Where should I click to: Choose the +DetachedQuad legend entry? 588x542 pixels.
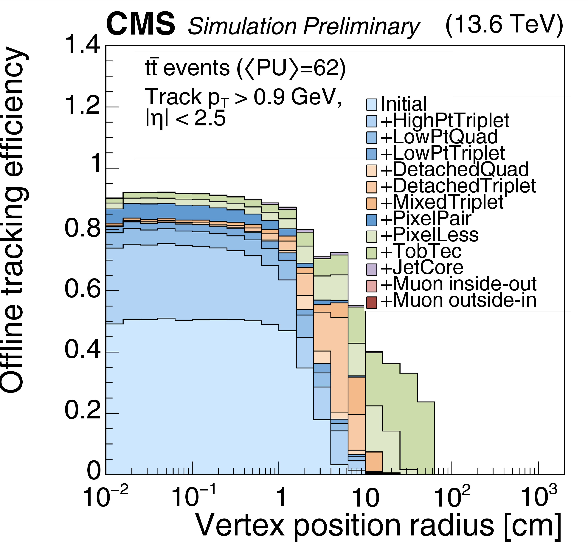(x=455, y=169)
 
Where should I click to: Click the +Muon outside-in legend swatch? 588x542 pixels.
(x=371, y=302)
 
